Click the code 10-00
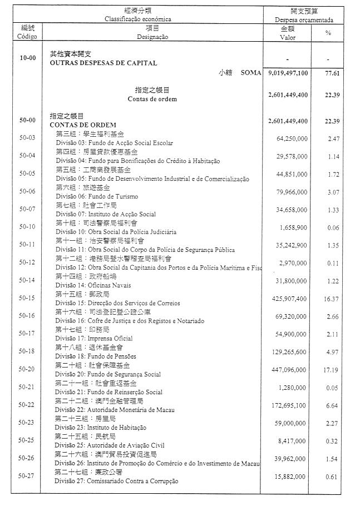pyautogui.click(x=27, y=58)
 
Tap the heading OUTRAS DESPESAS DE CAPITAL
pyautogui.click(x=103, y=63)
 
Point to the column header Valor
pyautogui.click(x=288, y=37)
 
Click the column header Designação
pyautogui.click(x=152, y=37)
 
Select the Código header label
pyautogui.click(x=27, y=37)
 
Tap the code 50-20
pyautogui.click(x=27, y=369)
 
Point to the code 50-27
pyautogui.click(x=27, y=476)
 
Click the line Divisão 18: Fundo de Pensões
pyautogui.click(x=95, y=356)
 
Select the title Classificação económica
pyautogui.click(x=138, y=19)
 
